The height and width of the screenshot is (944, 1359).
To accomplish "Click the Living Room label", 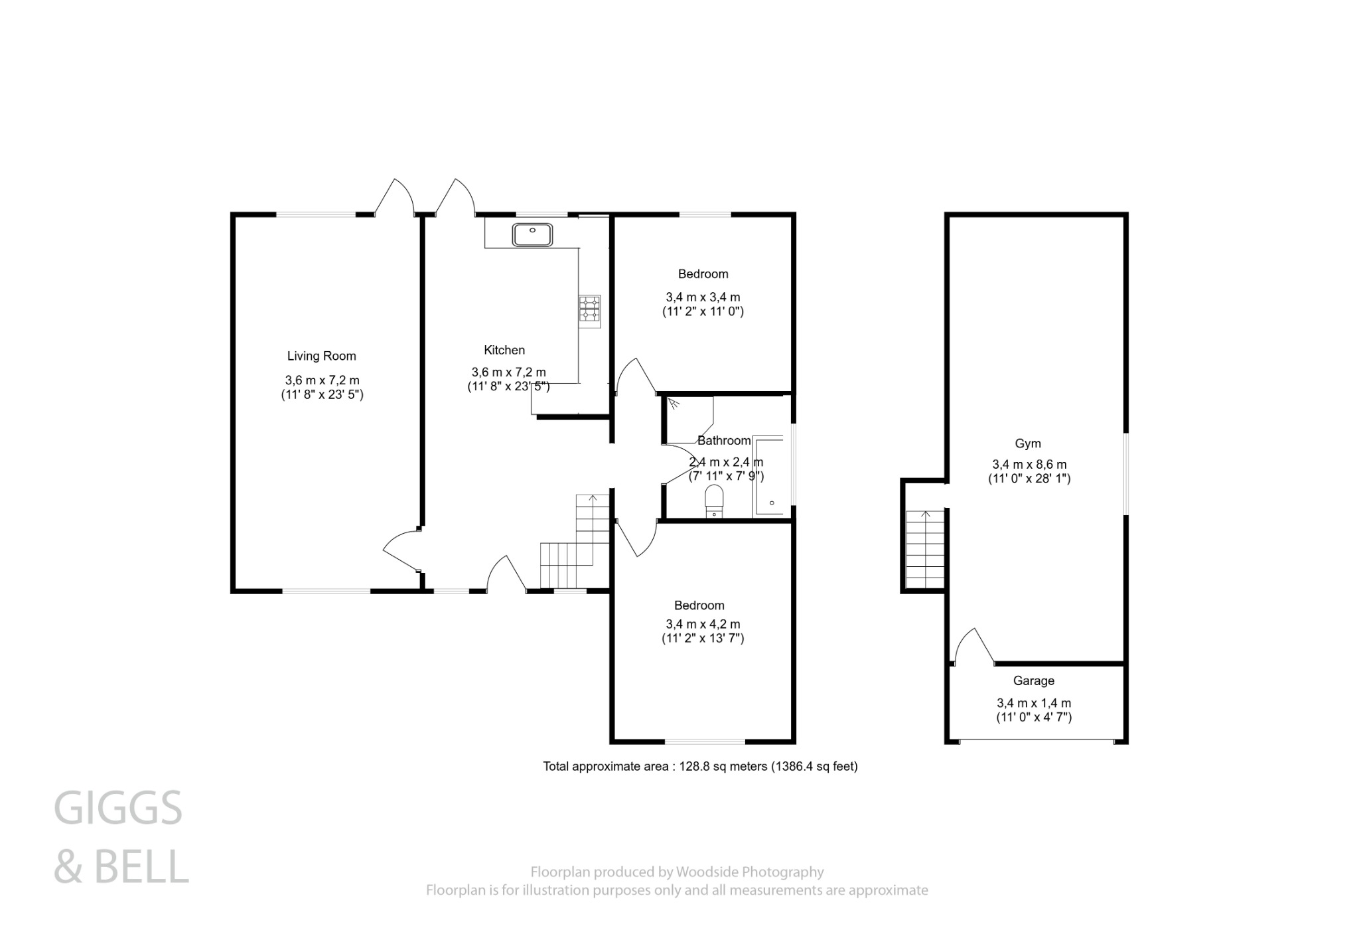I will (x=321, y=356).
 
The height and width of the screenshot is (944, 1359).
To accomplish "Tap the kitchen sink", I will (x=532, y=234).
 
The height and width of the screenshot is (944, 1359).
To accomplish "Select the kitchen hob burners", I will (x=589, y=311).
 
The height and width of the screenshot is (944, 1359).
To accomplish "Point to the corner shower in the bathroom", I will (x=688, y=419).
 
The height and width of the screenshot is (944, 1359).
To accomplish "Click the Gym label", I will (x=1028, y=443).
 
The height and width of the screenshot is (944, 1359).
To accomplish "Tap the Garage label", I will (x=1033, y=680).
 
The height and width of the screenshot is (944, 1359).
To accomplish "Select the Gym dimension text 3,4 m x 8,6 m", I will (x=1029, y=464).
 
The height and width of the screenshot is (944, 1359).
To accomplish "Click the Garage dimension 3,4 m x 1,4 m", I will (x=1033, y=703).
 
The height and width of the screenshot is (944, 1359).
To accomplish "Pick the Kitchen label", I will (x=504, y=350).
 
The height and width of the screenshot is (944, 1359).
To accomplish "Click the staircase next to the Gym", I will (x=925, y=550).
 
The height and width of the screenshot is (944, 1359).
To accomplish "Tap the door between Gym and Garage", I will (x=973, y=648).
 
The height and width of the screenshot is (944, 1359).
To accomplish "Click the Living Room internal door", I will (x=400, y=550).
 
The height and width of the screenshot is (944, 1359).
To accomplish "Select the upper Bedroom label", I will (x=703, y=274).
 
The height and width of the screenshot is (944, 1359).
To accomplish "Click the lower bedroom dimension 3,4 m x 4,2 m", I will (x=703, y=624).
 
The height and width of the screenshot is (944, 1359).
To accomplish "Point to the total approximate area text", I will (x=700, y=766).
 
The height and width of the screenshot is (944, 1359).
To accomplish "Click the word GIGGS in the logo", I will (x=117, y=809).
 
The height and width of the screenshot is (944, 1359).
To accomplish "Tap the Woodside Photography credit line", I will (x=677, y=872).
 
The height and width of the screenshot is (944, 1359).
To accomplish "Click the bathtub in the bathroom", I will (x=769, y=475).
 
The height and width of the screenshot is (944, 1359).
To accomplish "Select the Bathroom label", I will (x=724, y=440).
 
